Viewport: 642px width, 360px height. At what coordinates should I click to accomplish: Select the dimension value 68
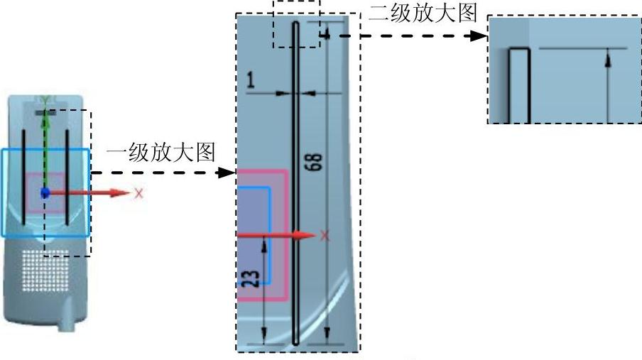317,162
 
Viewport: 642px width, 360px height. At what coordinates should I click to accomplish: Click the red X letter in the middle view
325,236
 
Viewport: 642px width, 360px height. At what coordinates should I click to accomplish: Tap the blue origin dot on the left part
45,192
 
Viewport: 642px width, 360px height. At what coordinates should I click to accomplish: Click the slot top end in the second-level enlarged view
520,50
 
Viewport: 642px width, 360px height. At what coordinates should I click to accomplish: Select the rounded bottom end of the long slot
296,339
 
